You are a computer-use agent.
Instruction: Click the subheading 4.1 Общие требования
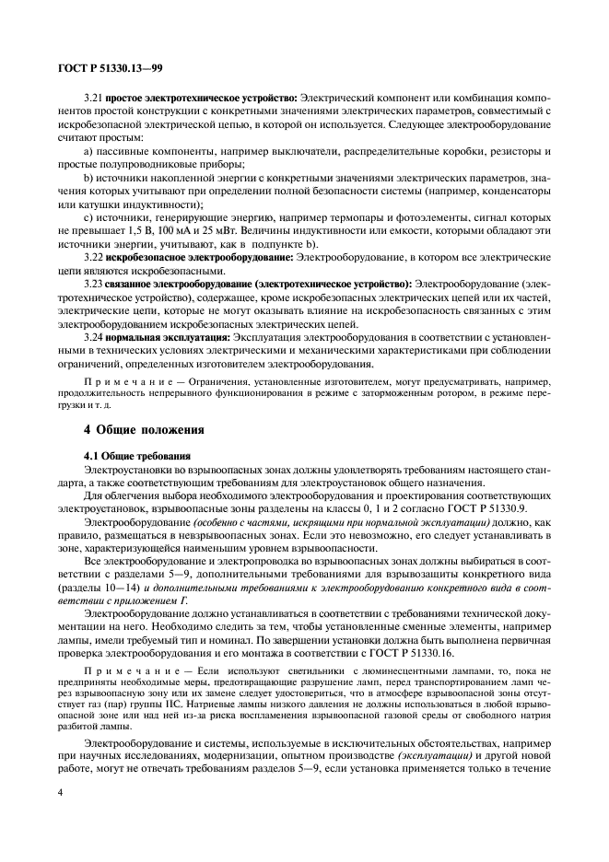137,455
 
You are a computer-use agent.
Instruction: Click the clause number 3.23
93,284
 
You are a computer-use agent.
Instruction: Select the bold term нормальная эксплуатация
168,337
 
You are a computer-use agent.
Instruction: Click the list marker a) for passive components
88,150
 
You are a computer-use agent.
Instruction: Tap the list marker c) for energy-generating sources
88,216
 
